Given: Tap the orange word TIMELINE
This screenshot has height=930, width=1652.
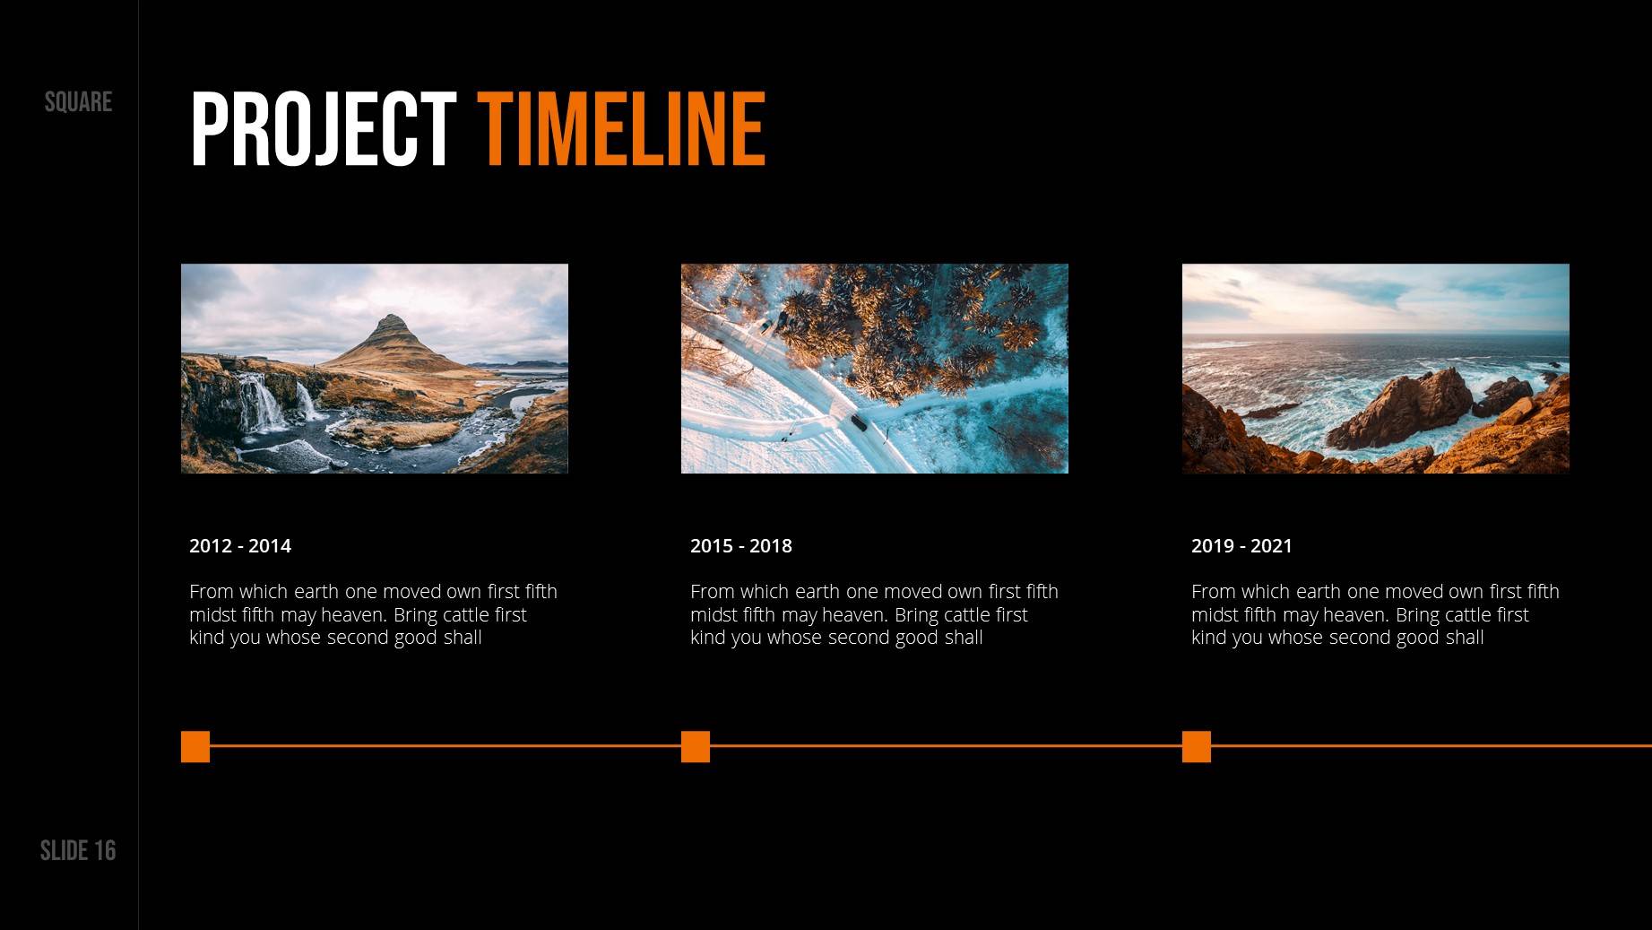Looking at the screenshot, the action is (x=621, y=129).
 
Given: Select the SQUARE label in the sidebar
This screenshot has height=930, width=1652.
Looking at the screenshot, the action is (x=78, y=102).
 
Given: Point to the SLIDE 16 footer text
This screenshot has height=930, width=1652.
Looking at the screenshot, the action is (x=78, y=850).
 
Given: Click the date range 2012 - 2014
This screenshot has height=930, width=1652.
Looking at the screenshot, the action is (x=240, y=546).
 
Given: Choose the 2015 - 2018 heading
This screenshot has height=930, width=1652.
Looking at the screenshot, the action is (x=741, y=546).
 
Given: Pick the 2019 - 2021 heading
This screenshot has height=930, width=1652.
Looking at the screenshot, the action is (x=1241, y=546).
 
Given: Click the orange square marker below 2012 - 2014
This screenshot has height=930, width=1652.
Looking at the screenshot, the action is (x=195, y=746).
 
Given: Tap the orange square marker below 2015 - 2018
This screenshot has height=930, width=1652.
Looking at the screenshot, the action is (x=696, y=746).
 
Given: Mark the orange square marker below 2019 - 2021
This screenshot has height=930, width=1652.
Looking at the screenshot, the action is (x=1197, y=746).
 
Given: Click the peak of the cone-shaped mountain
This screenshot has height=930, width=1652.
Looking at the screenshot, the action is (x=392, y=316).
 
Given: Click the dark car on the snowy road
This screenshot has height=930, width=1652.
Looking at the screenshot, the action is (x=859, y=422).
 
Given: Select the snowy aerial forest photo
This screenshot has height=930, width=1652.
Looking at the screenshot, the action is (x=875, y=369).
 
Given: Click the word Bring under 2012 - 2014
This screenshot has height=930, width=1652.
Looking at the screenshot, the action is (x=416, y=615).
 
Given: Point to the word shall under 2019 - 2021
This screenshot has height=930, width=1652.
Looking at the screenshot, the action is (x=1464, y=638).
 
